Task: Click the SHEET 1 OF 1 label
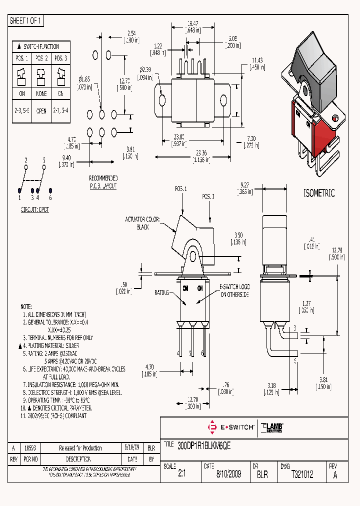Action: pos(26,20)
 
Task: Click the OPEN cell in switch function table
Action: pos(41,111)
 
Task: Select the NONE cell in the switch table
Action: pos(41,93)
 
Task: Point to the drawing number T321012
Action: pos(302,474)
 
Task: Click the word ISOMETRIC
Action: pos(319,193)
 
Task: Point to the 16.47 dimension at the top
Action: pos(193,23)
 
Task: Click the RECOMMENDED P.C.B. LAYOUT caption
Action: pos(103,181)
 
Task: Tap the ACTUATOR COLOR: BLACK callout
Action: pos(143,223)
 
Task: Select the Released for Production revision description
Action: pos(80,448)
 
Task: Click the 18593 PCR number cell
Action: pos(31,448)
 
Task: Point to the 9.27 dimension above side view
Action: pos(244,187)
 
